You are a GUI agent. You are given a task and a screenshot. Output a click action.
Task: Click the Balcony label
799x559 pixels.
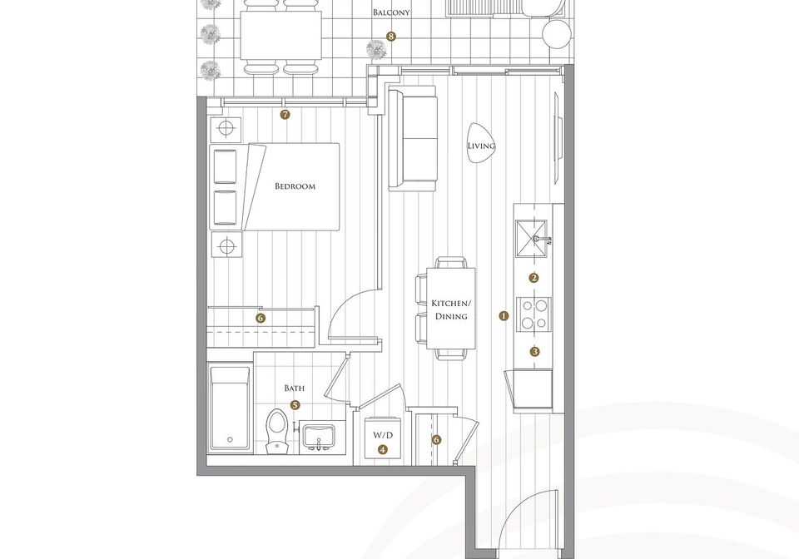click(391, 12)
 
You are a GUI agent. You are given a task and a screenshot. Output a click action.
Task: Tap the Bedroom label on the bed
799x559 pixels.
click(295, 186)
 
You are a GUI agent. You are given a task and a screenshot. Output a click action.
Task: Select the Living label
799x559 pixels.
click(481, 146)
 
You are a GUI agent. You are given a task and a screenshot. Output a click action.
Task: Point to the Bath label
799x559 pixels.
click(295, 388)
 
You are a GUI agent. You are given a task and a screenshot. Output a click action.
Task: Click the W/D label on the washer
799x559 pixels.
click(383, 435)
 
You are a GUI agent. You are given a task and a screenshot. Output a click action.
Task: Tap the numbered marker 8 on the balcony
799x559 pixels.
click(391, 36)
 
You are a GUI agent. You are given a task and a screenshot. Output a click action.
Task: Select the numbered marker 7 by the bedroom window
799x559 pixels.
click(285, 115)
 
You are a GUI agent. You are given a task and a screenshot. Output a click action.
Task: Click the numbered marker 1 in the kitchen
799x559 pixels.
click(504, 315)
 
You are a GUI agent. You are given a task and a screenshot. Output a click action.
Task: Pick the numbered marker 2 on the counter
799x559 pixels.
click(534, 278)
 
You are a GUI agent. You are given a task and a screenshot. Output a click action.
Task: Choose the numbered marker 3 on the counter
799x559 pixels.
click(534, 351)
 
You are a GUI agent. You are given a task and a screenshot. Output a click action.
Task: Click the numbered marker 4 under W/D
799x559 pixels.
click(383, 449)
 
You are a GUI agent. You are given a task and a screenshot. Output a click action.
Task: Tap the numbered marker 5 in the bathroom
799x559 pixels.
click(295, 405)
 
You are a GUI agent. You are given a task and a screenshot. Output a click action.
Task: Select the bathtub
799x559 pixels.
click(230, 408)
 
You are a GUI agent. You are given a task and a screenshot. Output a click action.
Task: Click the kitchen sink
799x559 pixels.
click(531, 238)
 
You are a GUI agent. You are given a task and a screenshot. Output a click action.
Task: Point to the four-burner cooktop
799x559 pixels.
click(534, 314)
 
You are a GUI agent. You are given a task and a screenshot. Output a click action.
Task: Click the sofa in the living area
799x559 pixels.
click(413, 138)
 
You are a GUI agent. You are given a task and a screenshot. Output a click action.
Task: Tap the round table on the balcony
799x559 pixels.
click(557, 35)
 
